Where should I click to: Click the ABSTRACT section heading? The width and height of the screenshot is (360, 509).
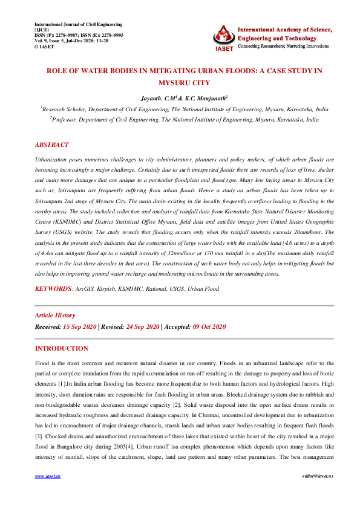[51, 145]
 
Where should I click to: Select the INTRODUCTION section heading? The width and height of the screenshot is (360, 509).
[61, 349]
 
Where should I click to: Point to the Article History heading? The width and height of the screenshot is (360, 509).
[55, 315]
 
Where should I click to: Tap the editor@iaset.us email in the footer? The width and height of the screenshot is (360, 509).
[318, 493]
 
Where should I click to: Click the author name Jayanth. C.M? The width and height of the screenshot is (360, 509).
[159, 98]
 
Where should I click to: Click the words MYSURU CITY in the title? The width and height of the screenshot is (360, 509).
[180, 82]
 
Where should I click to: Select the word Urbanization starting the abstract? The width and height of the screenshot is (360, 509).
[53, 157]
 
